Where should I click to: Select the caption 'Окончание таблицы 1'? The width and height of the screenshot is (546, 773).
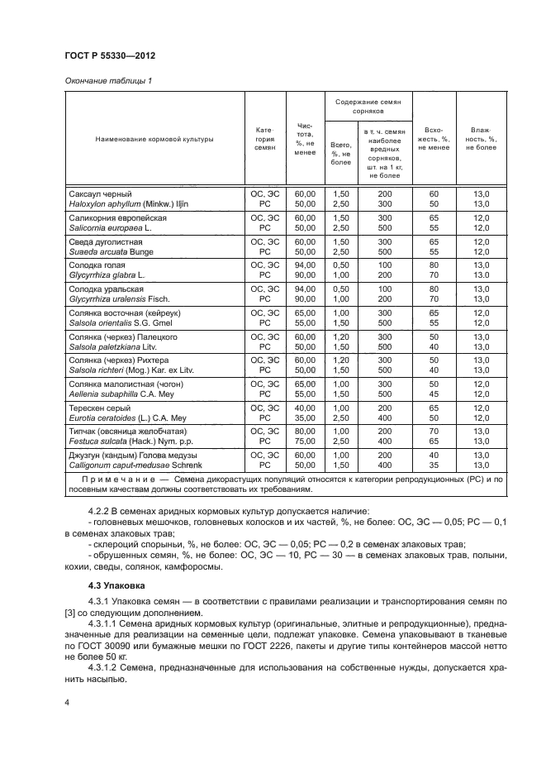107,80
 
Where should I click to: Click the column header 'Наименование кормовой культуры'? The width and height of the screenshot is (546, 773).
154,140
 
